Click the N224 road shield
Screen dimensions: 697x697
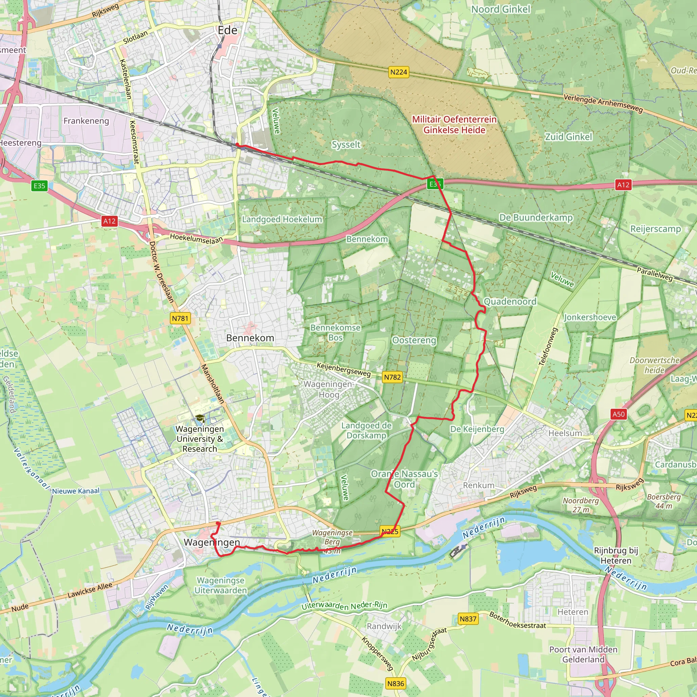(399, 72)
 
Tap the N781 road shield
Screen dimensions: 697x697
(180, 318)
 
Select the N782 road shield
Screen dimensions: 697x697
(392, 377)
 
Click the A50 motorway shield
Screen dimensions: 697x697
(618, 414)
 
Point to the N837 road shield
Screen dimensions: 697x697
(468, 619)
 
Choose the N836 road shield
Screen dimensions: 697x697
(395, 683)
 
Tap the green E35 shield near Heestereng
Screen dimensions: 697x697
(39, 186)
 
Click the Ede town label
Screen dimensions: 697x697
(228, 30)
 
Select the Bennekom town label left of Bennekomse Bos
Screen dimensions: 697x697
(250, 338)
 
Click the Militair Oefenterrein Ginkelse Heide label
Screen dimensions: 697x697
(454, 125)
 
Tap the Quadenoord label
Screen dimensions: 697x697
(510, 302)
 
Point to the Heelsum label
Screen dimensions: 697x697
(565, 433)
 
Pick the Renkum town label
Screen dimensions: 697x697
(479, 485)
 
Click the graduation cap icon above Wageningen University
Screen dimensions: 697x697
(200, 419)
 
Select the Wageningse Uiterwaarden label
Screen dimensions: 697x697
(221, 585)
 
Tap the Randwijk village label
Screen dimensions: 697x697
(384, 626)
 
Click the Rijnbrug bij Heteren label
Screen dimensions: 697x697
(616, 555)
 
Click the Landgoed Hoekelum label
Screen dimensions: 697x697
(282, 220)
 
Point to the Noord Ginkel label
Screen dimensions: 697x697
(501, 10)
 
